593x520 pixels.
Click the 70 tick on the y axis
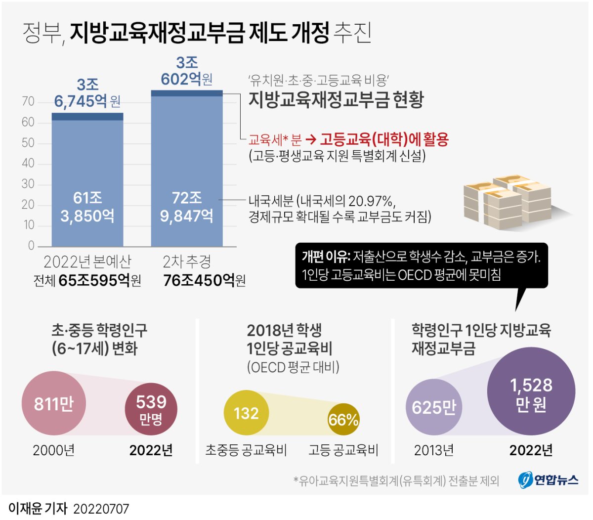coord(28,102)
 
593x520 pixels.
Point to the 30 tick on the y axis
coord(28,184)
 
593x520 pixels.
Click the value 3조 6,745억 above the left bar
coord(87,93)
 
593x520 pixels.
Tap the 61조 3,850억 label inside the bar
coord(87,207)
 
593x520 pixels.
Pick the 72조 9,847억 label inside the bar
coord(187,207)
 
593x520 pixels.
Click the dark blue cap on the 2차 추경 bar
coord(187,93)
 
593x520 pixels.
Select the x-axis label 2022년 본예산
coord(87,261)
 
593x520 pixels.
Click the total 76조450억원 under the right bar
coord(204,280)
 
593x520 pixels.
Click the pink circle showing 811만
coord(53,404)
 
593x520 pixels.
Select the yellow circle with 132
coord(246,413)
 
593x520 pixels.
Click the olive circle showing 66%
coord(343,420)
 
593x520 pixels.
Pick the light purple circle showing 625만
coord(433,407)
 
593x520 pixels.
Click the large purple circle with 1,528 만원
coord(531,393)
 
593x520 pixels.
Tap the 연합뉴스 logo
coord(548,479)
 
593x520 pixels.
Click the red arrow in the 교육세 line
coord(311,140)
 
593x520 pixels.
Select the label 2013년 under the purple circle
coord(433,450)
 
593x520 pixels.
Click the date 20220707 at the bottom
coord(101,509)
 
